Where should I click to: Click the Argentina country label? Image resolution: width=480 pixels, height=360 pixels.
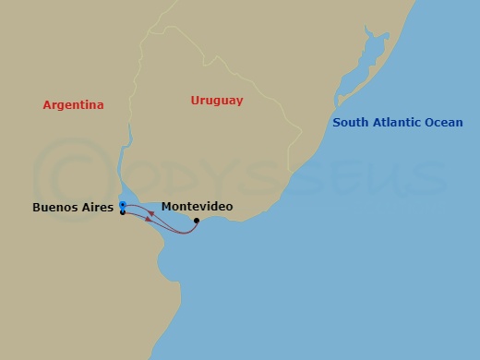tap(73, 105)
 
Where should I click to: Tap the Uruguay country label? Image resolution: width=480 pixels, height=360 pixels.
tap(216, 100)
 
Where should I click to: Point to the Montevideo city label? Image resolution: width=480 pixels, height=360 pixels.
tap(197, 207)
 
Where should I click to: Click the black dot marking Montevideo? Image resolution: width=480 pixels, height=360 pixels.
tap(197, 221)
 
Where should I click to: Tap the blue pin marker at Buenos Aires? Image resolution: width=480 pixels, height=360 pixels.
tap(122, 205)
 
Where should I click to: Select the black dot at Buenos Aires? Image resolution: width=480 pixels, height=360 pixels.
tap(122, 212)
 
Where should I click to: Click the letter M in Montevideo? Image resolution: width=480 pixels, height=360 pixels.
tap(166, 207)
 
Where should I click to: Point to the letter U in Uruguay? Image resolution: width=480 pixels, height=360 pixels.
tap(195, 100)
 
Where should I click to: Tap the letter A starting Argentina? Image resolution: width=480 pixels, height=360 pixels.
tap(47, 105)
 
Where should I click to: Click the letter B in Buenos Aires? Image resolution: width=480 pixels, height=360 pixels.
tap(36, 208)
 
